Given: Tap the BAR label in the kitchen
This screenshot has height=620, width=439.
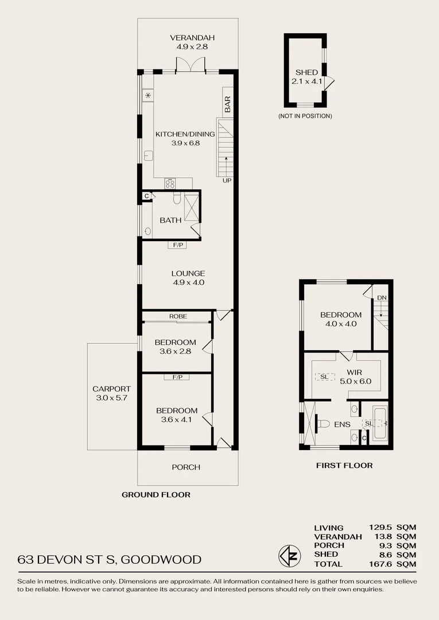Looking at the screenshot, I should click(x=227, y=104).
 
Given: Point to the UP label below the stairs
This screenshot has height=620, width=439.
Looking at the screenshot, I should click(x=227, y=181).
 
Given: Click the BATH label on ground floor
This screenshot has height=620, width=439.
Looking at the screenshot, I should click(x=170, y=220).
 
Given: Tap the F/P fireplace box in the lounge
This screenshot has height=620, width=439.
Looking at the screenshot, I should click(x=177, y=245).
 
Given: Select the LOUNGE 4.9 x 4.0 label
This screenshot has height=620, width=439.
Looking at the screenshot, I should click(x=188, y=278).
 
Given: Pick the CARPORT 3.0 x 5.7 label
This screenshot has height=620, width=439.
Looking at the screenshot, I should click(x=111, y=393).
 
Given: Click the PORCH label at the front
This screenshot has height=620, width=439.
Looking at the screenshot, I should click(x=186, y=467).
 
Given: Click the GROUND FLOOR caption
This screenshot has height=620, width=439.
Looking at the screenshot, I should click(x=156, y=494).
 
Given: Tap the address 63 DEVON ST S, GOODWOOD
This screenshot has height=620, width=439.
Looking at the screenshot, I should click(x=110, y=559).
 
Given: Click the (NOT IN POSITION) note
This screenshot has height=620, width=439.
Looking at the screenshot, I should click(x=305, y=116).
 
